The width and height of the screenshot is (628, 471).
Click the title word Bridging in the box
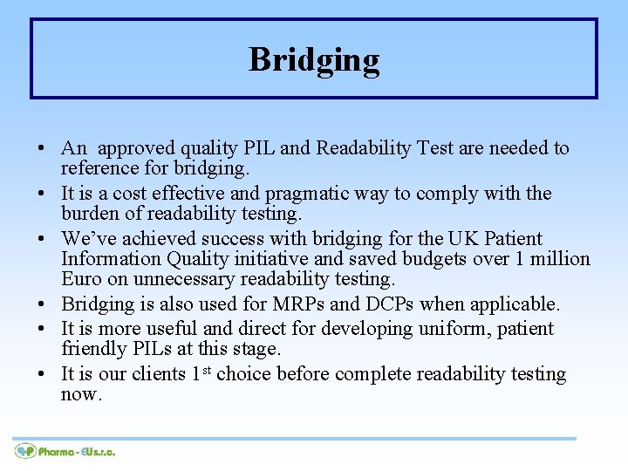point(314,59)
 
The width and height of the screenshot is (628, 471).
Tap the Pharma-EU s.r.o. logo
point(65,451)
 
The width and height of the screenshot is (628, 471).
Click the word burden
point(90,214)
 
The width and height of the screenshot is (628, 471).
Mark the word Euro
point(81,279)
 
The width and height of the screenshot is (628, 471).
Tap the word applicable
point(516,304)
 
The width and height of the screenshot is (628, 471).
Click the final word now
point(81,394)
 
